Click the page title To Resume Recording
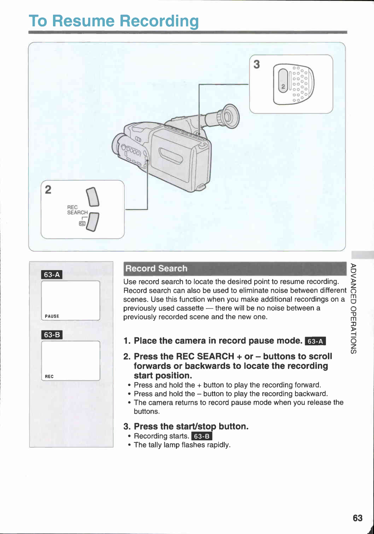coord(114,21)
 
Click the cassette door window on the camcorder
coord(171,155)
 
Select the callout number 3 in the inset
coord(257,64)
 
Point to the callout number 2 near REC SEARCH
coord(48,189)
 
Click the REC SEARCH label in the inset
coord(77,210)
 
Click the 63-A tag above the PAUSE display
coord(52,275)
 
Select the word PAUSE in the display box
coord(52,316)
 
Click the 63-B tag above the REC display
coord(52,335)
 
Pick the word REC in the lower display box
coord(49,377)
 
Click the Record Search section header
coord(156,268)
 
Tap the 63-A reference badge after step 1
coord(315,341)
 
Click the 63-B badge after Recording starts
coord(202,436)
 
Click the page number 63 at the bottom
coord(357,518)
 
